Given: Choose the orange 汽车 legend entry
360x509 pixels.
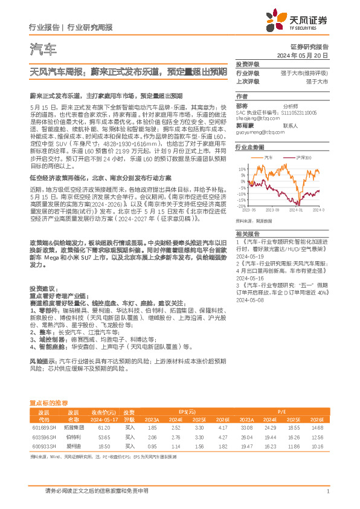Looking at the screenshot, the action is tap(267, 158).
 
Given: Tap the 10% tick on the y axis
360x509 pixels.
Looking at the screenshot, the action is tap(242, 169).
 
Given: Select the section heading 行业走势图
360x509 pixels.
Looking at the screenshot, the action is tap(249, 147).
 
